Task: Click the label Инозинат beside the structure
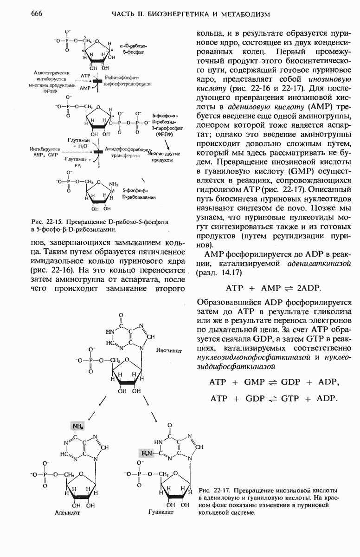168,350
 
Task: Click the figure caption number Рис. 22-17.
214,491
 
